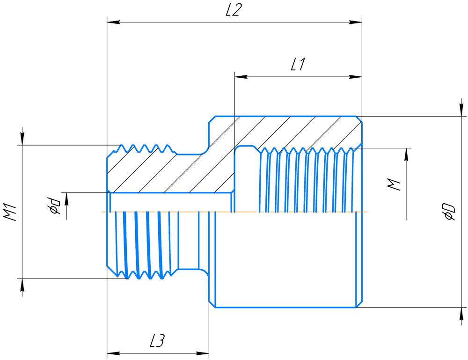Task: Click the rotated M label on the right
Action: pyautogui.click(x=395, y=184)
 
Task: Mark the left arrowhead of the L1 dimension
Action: pyautogui.click(x=240, y=76)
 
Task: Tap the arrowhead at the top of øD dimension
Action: pyautogui.click(x=458, y=110)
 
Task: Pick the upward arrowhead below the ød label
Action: pyautogui.click(x=67, y=198)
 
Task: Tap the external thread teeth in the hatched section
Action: pyautogui.click(x=145, y=148)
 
